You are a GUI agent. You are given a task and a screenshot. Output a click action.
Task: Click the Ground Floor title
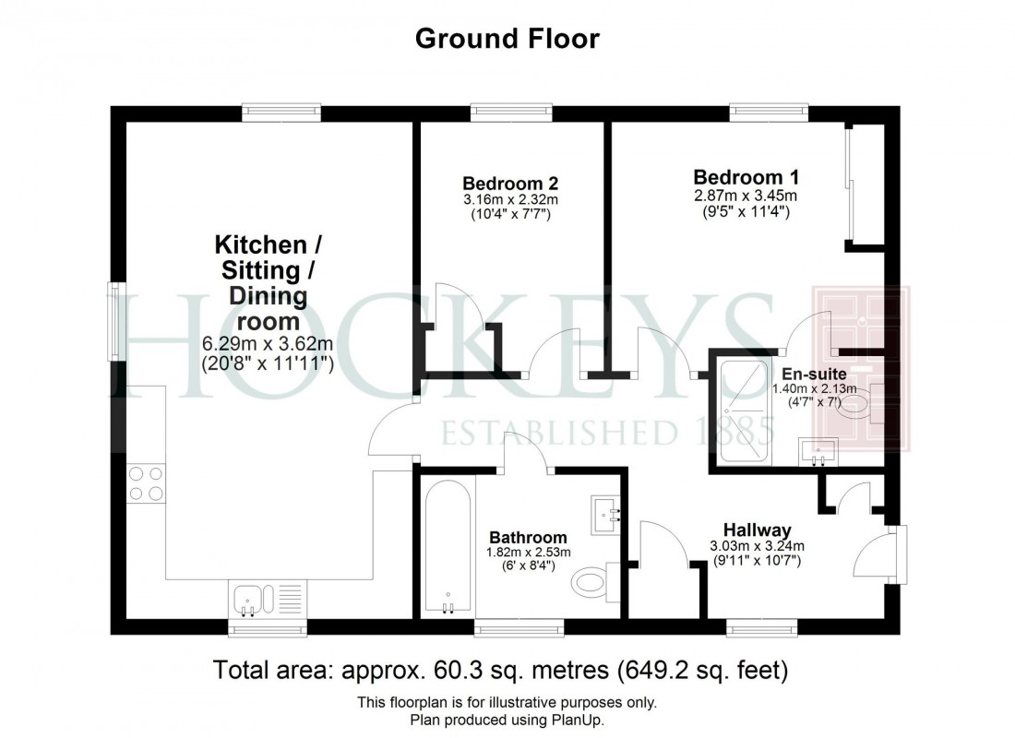point(507,39)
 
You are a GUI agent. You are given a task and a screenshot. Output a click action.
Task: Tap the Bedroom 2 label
point(510,183)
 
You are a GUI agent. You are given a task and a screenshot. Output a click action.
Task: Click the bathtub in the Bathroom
point(448,550)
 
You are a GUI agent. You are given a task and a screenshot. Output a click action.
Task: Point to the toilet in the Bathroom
point(591,580)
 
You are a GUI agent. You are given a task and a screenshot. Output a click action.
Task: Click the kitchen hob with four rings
point(146,483)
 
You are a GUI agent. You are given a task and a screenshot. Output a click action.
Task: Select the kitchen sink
point(251,600)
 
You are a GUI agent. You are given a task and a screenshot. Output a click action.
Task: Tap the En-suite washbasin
point(818,450)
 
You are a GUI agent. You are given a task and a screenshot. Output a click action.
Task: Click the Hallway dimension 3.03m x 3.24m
point(757,545)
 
